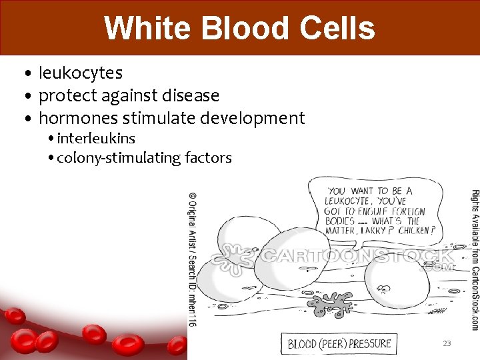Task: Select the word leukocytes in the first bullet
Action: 81,72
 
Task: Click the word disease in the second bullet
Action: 189,95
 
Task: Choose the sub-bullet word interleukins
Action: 96,139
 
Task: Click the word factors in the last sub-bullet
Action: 208,158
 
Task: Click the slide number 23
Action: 447,343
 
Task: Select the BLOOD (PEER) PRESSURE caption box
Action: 339,344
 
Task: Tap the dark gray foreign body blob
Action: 333,304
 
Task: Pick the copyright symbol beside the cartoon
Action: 193,197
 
